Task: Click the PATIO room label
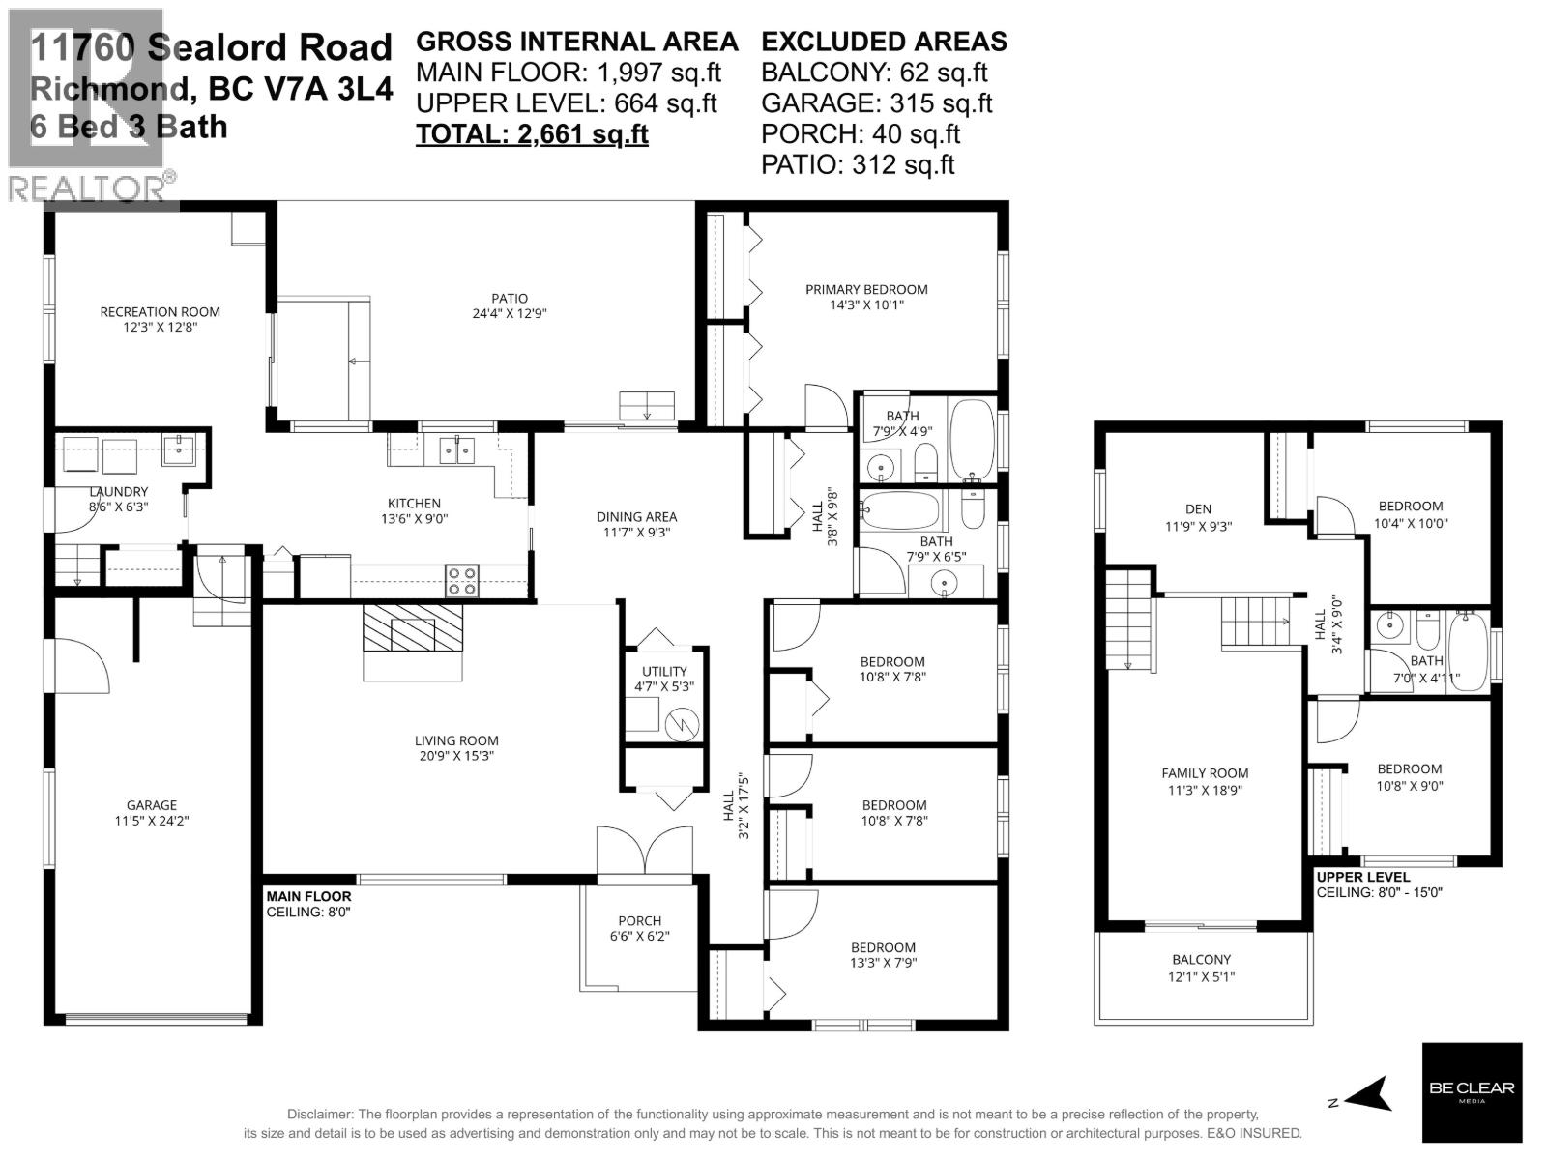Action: (509, 298)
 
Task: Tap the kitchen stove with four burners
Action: (461, 579)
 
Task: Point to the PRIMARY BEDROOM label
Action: (866, 289)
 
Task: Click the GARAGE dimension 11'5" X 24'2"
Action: (152, 821)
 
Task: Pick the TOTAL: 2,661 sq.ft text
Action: (532, 133)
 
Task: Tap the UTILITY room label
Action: (664, 671)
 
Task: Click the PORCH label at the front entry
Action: (639, 920)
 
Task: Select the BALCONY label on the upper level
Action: (1202, 959)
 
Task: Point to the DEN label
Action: (1197, 508)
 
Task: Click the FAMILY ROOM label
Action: (1205, 772)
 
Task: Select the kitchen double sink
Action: (456, 449)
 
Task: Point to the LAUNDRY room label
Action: (118, 491)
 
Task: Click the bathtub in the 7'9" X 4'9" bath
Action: (972, 440)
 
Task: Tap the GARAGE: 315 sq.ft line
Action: (876, 102)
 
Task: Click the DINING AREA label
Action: (636, 516)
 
